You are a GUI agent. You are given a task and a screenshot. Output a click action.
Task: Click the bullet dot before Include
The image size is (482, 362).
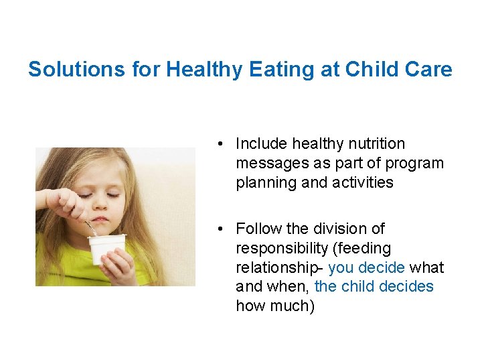pyautogui.click(x=220, y=144)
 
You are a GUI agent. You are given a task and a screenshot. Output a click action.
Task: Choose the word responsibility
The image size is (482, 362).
pyautogui.click(x=282, y=249)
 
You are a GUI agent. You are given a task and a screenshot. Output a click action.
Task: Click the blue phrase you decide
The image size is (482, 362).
pyautogui.click(x=366, y=268)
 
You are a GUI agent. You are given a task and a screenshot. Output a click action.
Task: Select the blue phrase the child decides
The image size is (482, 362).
pyautogui.click(x=374, y=287)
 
